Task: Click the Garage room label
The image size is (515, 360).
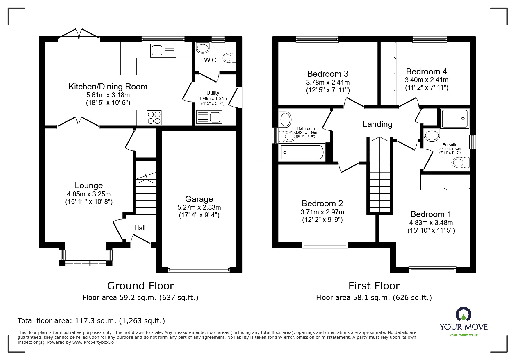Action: [x=199, y=199]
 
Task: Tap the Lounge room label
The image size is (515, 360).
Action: [x=89, y=185]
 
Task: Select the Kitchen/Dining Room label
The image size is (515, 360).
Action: [x=108, y=87]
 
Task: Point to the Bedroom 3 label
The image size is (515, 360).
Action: [x=328, y=74]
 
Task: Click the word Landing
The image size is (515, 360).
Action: [x=377, y=124]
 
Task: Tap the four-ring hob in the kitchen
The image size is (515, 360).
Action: [x=154, y=118]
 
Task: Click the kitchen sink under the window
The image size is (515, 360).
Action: [x=163, y=51]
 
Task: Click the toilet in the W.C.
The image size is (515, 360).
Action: [x=229, y=58]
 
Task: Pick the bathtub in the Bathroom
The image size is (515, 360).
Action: [x=302, y=152]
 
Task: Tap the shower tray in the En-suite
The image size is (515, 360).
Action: [x=455, y=119]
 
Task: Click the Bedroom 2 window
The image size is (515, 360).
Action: [x=325, y=245]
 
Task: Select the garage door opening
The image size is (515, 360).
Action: [x=199, y=270]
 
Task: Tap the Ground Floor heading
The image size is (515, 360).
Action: [x=140, y=286]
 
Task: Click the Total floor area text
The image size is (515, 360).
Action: [x=91, y=321]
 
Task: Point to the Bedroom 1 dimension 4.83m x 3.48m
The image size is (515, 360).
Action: [x=431, y=223]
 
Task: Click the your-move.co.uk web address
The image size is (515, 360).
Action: [x=464, y=335]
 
